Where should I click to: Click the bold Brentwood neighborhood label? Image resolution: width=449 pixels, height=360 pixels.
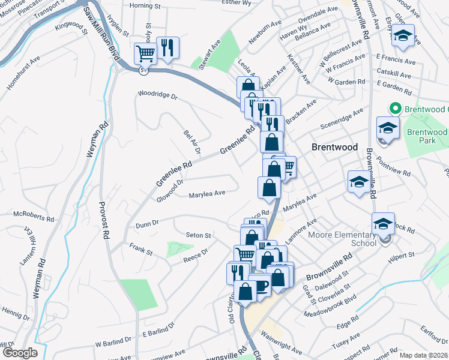pyautogui.click(x=335, y=147)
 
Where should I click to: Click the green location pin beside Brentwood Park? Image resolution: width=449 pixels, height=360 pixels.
pyautogui.click(x=395, y=109)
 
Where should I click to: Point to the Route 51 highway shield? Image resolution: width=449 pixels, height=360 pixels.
pyautogui.click(x=142, y=70)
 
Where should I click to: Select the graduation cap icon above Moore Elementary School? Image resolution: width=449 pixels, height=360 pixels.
pyautogui.click(x=382, y=224)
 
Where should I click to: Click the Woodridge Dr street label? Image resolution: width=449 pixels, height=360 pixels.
pyautogui.click(x=158, y=95)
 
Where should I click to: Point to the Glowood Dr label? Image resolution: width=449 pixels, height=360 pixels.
pyautogui.click(x=170, y=190)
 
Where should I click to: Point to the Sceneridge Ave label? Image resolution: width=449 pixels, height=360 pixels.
pyautogui.click(x=342, y=120)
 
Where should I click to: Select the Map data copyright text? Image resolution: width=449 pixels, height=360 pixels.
pyautogui.click(x=423, y=355)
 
